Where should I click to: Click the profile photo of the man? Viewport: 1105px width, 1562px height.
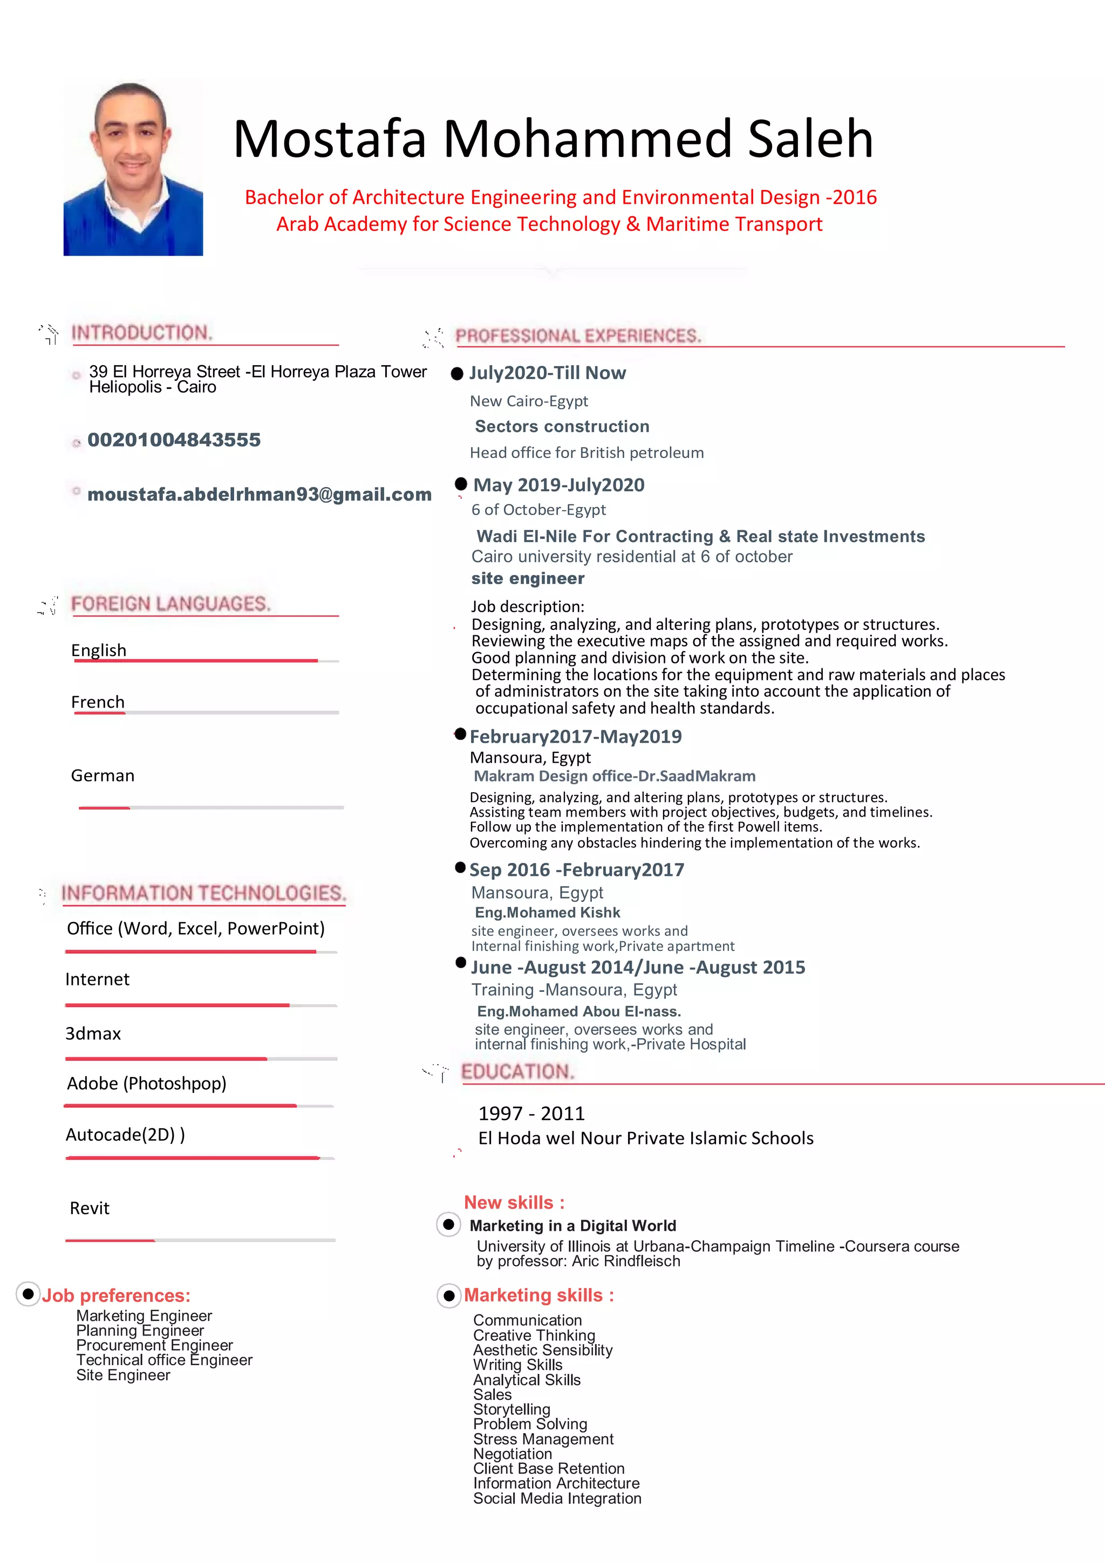pyautogui.click(x=133, y=169)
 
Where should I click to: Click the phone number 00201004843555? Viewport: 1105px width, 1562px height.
pyautogui.click(x=174, y=440)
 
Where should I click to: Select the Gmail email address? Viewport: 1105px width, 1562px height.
pyautogui.click(x=259, y=495)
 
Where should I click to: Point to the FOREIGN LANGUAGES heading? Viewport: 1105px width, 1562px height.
pyautogui.click(x=171, y=604)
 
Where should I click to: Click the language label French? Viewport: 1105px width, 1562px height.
pyautogui.click(x=98, y=702)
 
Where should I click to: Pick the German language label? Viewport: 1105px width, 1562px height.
pyautogui.click(x=103, y=776)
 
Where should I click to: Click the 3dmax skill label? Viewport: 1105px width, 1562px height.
pyautogui.click(x=93, y=1033)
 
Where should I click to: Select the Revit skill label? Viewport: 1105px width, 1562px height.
pyautogui.click(x=89, y=1208)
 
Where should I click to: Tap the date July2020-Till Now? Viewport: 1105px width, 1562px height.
pyautogui.click(x=547, y=373)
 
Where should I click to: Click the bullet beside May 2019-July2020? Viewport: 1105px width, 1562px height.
pyautogui.click(x=461, y=484)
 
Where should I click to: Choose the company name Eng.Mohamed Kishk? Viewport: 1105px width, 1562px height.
pyautogui.click(x=547, y=912)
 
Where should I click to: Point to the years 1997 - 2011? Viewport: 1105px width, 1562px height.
pyautogui.click(x=531, y=1114)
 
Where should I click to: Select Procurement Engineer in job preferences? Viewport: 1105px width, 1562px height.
pyautogui.click(x=154, y=1345)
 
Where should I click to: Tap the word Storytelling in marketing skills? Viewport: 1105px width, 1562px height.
pyautogui.click(x=511, y=1409)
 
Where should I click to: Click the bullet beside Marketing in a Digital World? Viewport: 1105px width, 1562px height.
pyautogui.click(x=448, y=1224)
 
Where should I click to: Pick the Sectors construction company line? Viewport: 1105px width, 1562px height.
pyautogui.click(x=562, y=427)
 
